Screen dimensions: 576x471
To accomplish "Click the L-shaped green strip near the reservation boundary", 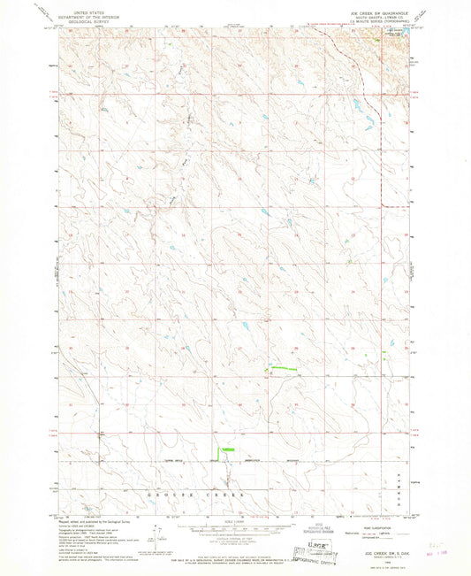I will [x=226, y=451].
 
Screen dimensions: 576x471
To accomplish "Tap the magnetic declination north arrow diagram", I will [x=157, y=534].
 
